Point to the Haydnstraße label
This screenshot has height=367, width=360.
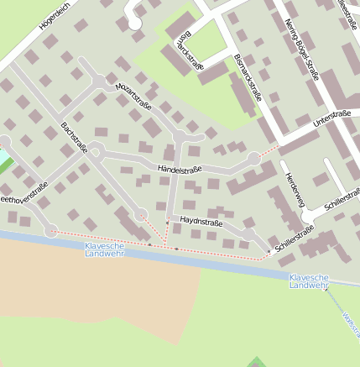(201, 223)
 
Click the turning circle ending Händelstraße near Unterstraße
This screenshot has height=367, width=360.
(254, 158)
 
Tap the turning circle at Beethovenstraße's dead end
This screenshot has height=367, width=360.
(51, 230)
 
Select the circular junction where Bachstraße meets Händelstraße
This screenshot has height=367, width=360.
(97, 152)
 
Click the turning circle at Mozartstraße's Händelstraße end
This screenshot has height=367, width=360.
(178, 136)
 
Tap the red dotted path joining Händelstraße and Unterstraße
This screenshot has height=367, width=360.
(269, 150)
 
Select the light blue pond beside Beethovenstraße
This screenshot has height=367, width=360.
(4, 158)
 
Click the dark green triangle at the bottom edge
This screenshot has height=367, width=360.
(257, 363)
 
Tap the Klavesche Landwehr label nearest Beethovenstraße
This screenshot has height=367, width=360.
(103, 249)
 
